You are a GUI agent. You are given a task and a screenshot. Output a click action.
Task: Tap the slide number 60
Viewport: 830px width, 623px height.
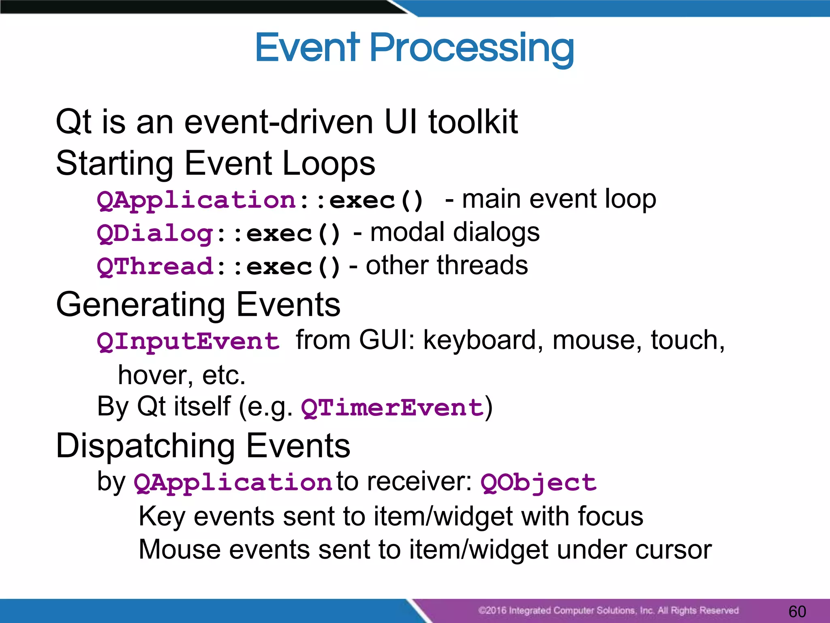click(x=797, y=611)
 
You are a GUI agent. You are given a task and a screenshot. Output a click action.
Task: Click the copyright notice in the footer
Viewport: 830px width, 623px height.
click(x=608, y=610)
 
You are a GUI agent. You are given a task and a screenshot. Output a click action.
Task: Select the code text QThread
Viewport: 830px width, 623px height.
click(x=155, y=267)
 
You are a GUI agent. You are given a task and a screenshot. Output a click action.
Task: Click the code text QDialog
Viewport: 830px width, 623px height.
click(x=155, y=234)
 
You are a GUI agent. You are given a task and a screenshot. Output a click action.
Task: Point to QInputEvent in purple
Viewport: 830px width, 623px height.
click(x=188, y=341)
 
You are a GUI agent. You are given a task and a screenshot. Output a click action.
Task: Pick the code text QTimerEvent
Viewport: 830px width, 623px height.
click(x=392, y=408)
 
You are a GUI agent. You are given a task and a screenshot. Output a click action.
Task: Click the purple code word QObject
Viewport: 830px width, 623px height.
click(x=538, y=483)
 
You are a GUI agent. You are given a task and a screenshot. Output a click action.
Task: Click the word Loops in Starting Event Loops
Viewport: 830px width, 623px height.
click(x=329, y=163)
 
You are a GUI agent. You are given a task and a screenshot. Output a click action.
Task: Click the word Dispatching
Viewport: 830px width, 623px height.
click(x=145, y=446)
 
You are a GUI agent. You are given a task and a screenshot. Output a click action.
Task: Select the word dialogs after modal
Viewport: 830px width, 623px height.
click(x=496, y=232)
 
